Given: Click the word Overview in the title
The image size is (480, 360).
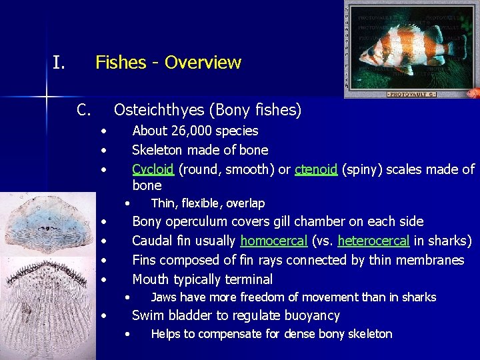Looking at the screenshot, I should click(x=203, y=63).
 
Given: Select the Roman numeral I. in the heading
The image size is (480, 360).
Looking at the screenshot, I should click(x=59, y=63).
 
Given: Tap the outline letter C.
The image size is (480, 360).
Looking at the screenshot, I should click(x=83, y=109).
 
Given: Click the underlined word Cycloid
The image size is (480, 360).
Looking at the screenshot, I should click(x=153, y=169).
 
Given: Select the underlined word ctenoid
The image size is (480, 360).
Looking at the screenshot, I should click(x=316, y=169).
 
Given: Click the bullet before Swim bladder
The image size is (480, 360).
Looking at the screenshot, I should click(x=103, y=316).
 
